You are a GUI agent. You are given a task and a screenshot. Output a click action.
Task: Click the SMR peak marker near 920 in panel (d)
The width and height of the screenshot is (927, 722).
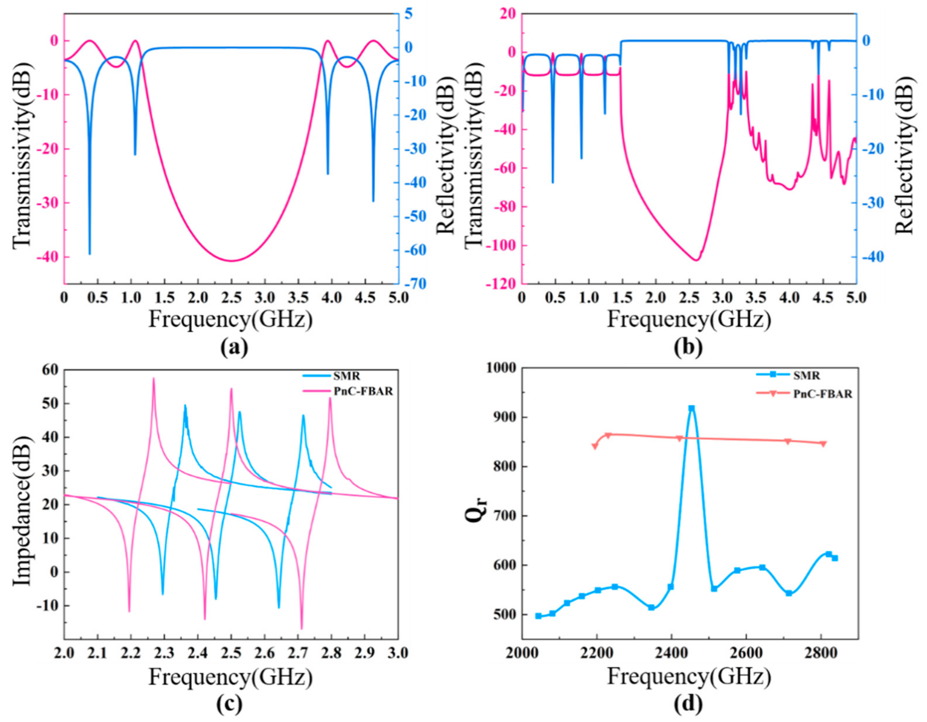point(691,408)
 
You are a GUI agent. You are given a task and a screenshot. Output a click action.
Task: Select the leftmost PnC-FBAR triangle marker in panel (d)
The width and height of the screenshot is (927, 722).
point(595,446)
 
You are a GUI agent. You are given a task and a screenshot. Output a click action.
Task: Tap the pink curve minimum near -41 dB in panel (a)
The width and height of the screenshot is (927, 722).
point(231,261)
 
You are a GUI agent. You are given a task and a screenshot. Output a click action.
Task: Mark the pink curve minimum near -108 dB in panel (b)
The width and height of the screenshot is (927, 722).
point(696,260)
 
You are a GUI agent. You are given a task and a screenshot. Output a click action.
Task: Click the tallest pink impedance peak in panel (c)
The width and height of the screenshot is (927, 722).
point(154,379)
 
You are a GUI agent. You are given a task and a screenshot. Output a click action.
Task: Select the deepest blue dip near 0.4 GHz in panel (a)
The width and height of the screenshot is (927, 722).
point(90,254)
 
